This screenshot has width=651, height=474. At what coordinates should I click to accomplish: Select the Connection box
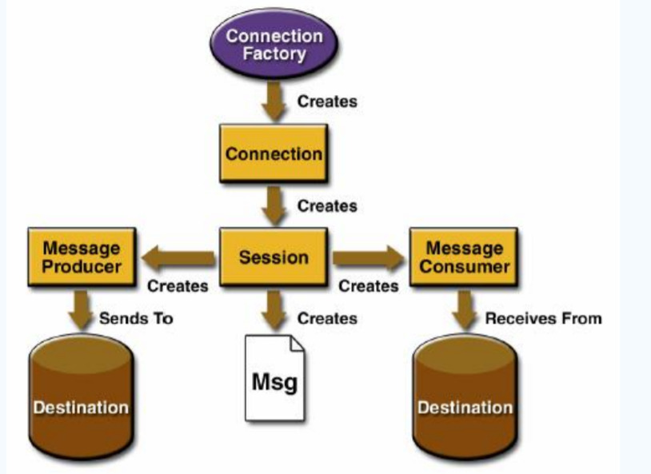(274, 153)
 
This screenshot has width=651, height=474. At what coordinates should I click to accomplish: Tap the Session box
(274, 257)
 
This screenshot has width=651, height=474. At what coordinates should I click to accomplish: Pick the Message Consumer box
(464, 257)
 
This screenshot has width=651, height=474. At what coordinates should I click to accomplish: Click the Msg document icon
(274, 377)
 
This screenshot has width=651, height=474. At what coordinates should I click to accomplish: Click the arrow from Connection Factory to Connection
(274, 102)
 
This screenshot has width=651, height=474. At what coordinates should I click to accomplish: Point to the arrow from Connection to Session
(274, 206)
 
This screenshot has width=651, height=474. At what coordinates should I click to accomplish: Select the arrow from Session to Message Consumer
(368, 257)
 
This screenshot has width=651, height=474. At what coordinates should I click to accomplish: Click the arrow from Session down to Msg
(274, 309)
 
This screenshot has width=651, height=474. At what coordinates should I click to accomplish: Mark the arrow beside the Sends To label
(80, 309)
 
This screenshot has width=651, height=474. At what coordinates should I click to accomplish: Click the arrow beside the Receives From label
(465, 309)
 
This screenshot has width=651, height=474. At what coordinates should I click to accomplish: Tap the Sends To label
(136, 318)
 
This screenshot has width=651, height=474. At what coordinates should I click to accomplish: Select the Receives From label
(543, 318)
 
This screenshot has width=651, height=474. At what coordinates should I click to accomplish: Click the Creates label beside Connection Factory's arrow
(327, 102)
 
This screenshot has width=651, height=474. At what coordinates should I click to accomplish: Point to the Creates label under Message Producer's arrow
(178, 285)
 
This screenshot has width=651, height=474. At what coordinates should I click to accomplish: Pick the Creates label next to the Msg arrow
(327, 318)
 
